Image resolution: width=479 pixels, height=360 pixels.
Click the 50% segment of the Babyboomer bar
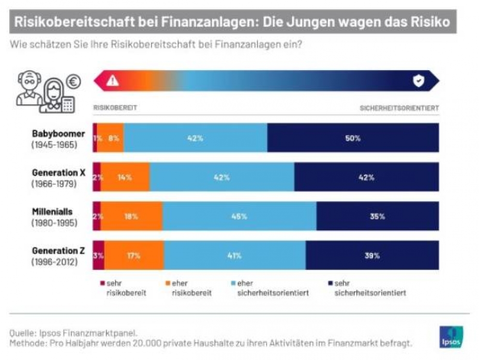pyautogui.click(x=353, y=138)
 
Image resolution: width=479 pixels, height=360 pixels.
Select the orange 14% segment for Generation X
pyautogui.click(x=125, y=177)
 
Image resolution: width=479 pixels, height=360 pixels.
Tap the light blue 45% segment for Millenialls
pyautogui.click(x=239, y=216)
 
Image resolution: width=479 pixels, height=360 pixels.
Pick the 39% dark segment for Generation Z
pyautogui.click(x=372, y=255)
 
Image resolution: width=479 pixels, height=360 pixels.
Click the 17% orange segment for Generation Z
pyautogui.click(x=134, y=255)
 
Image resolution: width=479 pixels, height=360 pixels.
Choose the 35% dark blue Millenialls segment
pyautogui.click(x=377, y=216)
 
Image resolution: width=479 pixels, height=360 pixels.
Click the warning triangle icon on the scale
pyautogui.click(x=113, y=81)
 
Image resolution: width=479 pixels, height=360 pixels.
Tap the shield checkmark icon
pyautogui.click(x=418, y=81)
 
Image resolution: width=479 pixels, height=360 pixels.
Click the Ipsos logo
pyautogui.click(x=451, y=337)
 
